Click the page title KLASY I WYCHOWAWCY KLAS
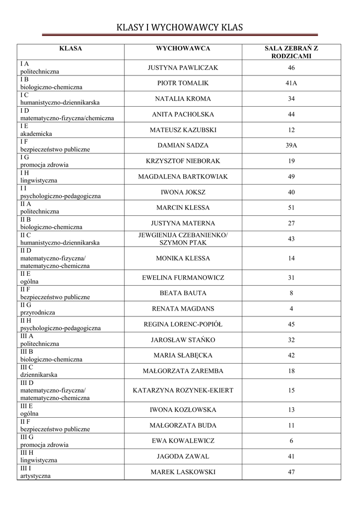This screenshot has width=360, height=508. tap(180, 27)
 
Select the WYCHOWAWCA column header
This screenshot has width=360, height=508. tap(183, 49)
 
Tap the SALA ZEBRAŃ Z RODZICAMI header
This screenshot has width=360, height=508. tap(291, 52)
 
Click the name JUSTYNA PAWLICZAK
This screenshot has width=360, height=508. tap(183, 68)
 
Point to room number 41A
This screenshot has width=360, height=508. tap(291, 83)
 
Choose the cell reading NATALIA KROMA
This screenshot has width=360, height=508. tap(183, 99)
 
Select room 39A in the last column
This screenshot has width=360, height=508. tap(291, 145)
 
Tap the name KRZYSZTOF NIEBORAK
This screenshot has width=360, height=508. tap(183, 161)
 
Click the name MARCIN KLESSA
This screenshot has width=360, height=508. tap(183, 208)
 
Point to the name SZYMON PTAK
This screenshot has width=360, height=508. tap(183, 243)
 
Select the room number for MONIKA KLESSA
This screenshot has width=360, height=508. tap(291, 258)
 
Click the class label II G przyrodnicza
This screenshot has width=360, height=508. tap(38, 309)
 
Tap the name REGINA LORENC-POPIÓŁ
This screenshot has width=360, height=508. tap(183, 324)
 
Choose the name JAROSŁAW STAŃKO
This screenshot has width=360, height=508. tap(183, 340)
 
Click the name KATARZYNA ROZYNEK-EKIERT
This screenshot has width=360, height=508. tap(183, 390)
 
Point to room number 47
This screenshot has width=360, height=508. tap(291, 472)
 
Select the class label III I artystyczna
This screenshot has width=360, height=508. tap(35, 472)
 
